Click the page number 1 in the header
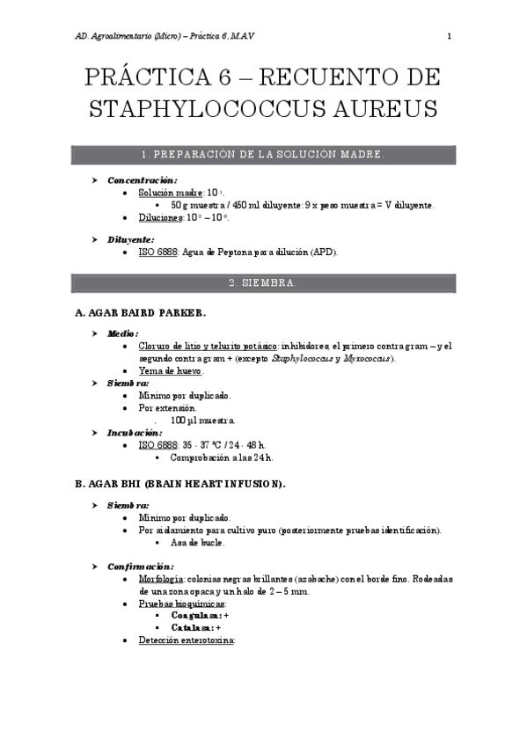click(x=449, y=36)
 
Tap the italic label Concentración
click(x=142, y=179)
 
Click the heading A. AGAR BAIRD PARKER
click(x=141, y=312)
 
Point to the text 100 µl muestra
click(x=203, y=421)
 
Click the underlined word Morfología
click(x=161, y=580)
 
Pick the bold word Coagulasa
click(x=192, y=617)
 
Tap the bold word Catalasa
click(x=189, y=628)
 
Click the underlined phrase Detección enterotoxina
click(x=187, y=641)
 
